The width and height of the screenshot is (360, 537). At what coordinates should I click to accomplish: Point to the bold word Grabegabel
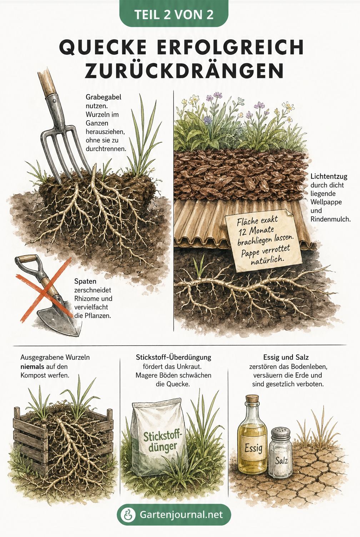click(103, 97)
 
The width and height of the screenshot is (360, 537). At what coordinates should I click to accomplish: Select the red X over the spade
click(44, 290)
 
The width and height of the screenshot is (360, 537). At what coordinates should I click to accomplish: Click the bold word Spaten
click(85, 281)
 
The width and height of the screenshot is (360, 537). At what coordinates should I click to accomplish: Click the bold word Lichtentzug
click(329, 176)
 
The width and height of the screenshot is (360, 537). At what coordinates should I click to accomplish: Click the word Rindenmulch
click(330, 219)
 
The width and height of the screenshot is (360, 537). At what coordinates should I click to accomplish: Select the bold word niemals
click(32, 366)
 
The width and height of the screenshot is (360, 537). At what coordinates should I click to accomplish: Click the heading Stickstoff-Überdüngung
click(174, 357)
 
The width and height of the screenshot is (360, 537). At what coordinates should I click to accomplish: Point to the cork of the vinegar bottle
click(252, 399)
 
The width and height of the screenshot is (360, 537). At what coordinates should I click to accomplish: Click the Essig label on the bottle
click(254, 447)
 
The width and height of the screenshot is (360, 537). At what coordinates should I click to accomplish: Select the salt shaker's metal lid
click(281, 434)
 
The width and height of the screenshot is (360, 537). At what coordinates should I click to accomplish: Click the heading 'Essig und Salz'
click(286, 357)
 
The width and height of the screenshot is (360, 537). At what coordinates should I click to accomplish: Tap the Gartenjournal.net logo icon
click(128, 515)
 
